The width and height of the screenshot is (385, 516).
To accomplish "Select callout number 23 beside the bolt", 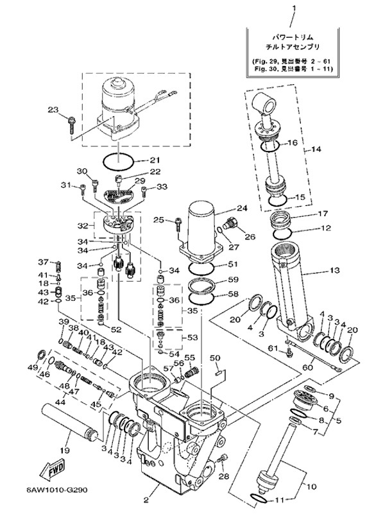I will (53, 110).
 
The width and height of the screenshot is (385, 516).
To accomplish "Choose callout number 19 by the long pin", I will (64, 449).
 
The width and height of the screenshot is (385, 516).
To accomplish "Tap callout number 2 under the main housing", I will (146, 499).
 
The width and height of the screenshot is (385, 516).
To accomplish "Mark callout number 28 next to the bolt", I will (223, 476).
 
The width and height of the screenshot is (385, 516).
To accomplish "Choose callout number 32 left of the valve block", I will (81, 226).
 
